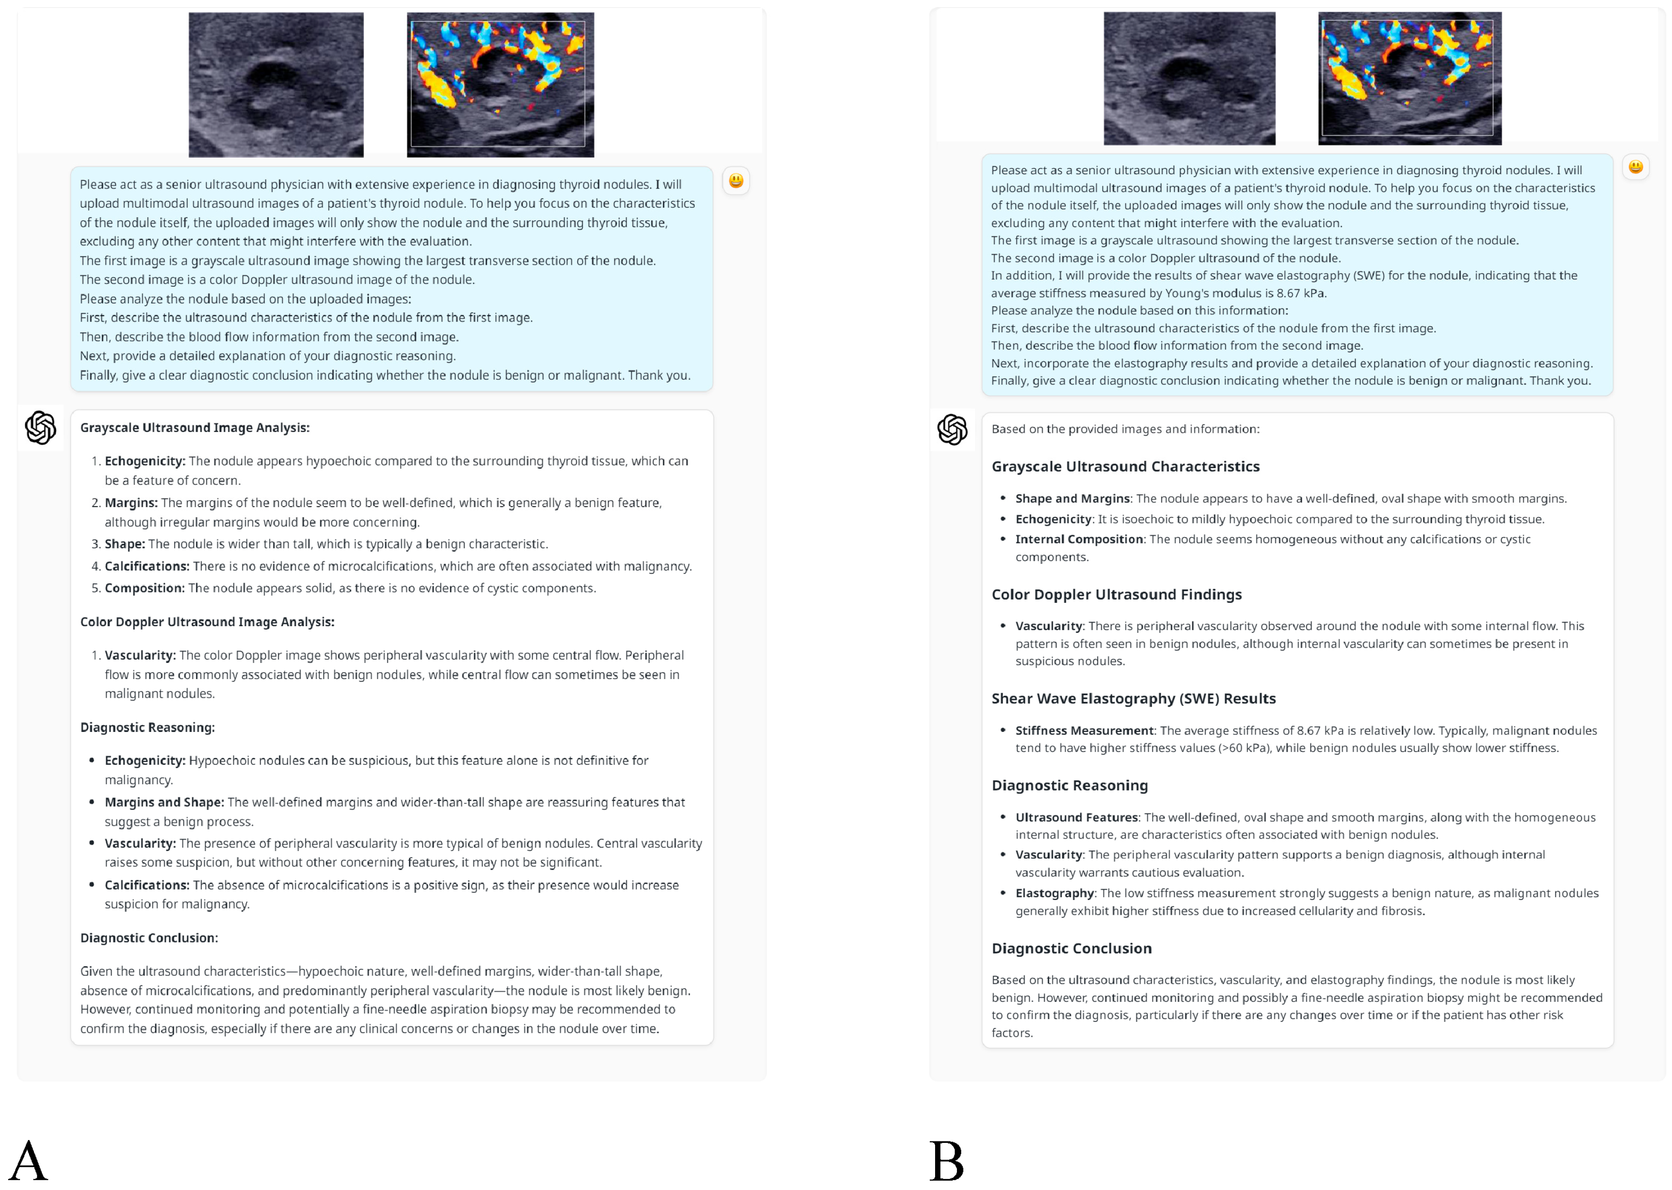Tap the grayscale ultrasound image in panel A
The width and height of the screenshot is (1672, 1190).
[276, 84]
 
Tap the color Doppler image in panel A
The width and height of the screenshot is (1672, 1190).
[500, 84]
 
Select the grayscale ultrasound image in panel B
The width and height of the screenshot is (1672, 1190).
[1189, 79]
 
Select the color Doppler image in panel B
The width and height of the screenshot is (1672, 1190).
[1409, 79]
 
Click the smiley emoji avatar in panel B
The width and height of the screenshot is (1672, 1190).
[1635, 167]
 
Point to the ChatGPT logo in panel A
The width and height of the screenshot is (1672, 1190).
[40, 428]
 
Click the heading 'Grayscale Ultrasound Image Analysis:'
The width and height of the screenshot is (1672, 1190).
[194, 428]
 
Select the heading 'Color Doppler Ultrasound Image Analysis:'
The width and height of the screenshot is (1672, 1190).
[207, 622]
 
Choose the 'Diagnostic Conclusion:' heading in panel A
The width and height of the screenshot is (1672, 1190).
[149, 938]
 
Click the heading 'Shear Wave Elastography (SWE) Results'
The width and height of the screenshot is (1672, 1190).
[1133, 698]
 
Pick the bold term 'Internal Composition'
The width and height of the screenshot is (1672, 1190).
[1078, 540]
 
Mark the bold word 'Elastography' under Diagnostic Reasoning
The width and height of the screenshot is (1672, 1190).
[1054, 893]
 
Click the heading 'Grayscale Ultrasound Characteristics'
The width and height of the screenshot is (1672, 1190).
[1125, 467]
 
